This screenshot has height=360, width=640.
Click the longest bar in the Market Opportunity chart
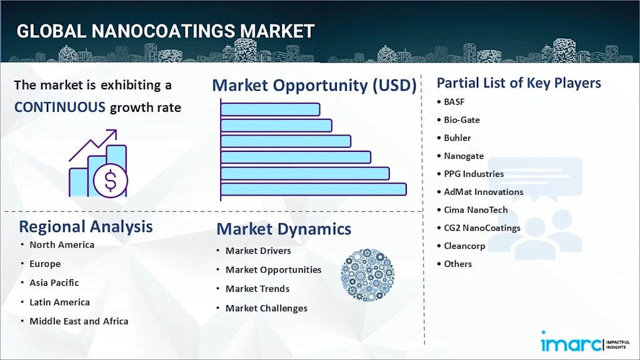pos(314,189)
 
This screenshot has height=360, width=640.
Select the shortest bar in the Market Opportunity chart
pos(270,109)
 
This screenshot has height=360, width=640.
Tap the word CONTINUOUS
pos(60,107)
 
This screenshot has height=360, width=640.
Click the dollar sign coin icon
pos(110,180)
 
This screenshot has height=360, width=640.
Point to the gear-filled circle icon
pos(367,275)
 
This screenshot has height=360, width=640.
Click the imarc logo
pos(585,342)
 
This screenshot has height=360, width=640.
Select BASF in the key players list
pos(454,102)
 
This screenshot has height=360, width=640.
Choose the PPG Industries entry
pos(474,174)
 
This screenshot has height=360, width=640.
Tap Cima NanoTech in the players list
pos(476,210)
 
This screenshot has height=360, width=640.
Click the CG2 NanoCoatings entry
pos(482,227)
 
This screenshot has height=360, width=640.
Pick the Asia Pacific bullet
pos(54,283)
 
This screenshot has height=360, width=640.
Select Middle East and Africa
pos(79,321)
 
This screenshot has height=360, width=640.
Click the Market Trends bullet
pos(257,289)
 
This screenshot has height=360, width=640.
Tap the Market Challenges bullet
pos(266,308)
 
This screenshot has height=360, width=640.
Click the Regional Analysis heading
pos(86,227)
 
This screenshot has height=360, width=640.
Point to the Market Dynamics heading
pos(284,229)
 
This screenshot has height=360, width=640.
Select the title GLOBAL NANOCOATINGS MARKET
pos(166,31)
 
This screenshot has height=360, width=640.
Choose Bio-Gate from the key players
pos(462,120)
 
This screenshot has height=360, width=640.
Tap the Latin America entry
pos(59,302)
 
